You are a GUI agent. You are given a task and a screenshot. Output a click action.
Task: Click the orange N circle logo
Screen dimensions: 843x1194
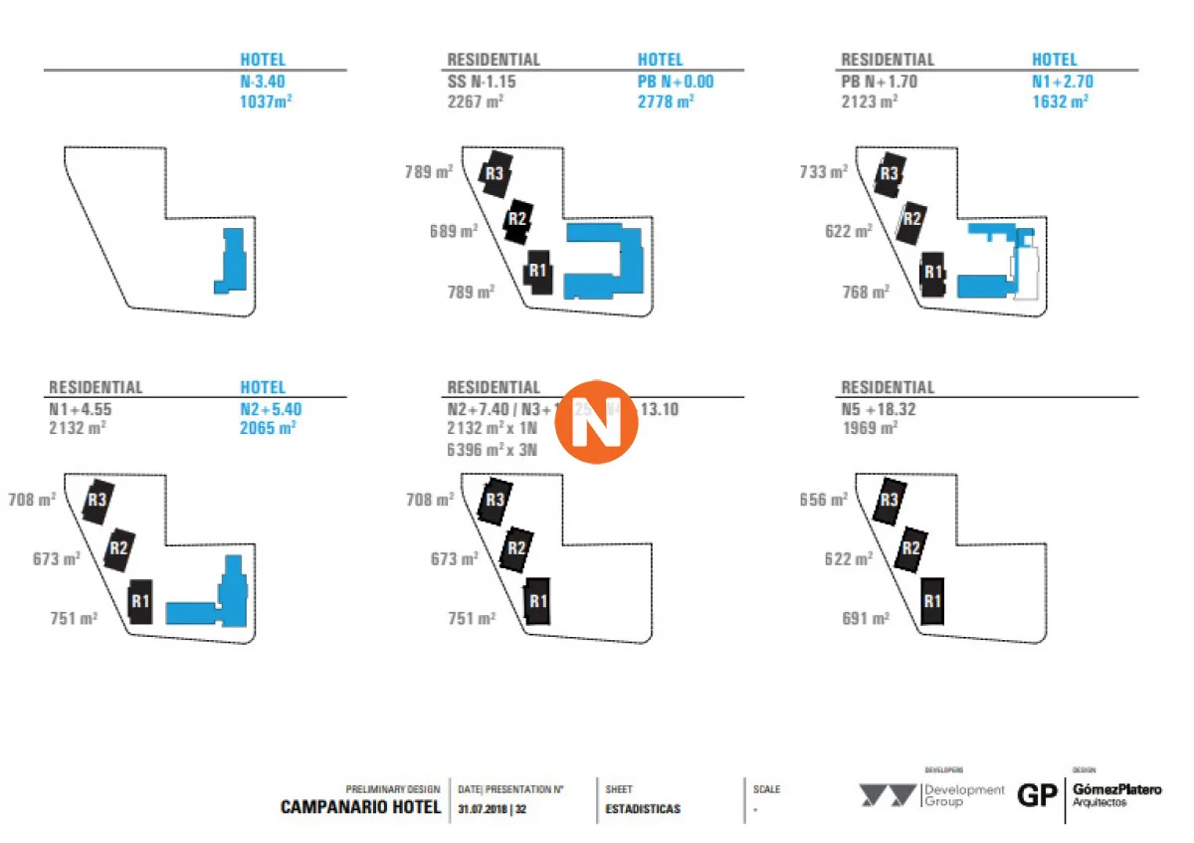click(596, 423)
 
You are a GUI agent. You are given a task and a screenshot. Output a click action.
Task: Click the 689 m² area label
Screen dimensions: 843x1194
click(454, 231)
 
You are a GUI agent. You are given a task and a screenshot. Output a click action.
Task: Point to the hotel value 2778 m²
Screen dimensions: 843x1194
click(666, 101)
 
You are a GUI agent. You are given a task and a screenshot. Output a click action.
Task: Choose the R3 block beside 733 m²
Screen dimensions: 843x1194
click(889, 174)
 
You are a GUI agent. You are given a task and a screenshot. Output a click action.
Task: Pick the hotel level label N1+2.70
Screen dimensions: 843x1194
click(1062, 82)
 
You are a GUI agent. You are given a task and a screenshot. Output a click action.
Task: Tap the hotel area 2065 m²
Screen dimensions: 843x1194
click(269, 428)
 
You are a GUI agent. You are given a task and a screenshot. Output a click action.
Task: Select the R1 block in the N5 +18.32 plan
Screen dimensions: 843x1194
click(932, 600)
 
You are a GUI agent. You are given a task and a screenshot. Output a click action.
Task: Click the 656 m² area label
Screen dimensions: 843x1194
click(824, 500)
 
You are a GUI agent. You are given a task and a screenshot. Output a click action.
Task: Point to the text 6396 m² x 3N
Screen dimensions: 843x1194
click(493, 449)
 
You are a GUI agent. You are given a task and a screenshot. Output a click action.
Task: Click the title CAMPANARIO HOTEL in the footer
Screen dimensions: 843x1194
click(360, 807)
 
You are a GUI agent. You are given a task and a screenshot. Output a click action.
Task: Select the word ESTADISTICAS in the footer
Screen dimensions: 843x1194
click(643, 809)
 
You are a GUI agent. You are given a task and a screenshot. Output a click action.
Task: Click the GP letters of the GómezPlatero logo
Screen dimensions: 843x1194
click(1037, 796)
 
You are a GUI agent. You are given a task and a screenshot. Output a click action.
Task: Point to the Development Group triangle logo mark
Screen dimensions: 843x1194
click(889, 796)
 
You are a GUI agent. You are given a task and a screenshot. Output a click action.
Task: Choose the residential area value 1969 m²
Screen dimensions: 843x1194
click(870, 428)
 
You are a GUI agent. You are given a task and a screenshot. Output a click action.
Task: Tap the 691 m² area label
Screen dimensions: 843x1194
click(866, 618)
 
